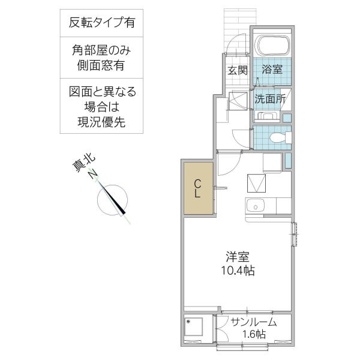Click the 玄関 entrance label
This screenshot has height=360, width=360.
click(x=237, y=70)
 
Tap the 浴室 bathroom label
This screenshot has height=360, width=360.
click(x=272, y=70)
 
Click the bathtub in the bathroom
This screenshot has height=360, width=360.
click(x=272, y=45)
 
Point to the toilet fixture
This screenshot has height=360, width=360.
click(x=278, y=137)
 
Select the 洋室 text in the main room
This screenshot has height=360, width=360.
click(x=237, y=257)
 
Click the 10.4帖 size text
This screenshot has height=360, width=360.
click(x=237, y=271)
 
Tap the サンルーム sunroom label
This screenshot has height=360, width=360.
click(x=254, y=322)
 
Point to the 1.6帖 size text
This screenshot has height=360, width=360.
click(x=254, y=335)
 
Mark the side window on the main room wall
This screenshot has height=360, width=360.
click(x=295, y=233)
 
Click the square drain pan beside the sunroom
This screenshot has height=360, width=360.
click(x=193, y=328)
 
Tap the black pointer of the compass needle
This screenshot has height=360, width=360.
click(x=121, y=205)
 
